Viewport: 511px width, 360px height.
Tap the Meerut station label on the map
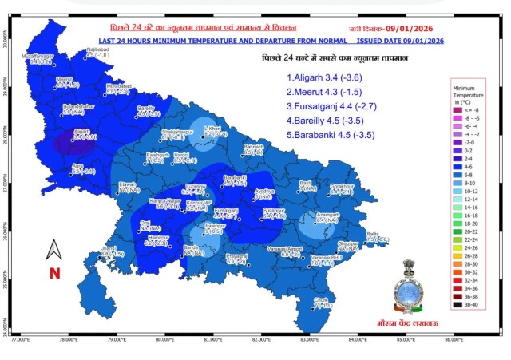[x=64, y=79]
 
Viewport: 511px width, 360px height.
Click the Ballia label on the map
[x=373, y=233]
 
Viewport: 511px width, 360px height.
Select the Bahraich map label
[x=253, y=147]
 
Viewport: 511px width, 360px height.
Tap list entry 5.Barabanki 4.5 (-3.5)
[x=334, y=136]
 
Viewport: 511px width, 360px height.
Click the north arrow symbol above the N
[x=54, y=249]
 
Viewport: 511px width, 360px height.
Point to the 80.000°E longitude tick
[x=164, y=339]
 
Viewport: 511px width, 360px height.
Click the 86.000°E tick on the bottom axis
[x=453, y=339]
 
